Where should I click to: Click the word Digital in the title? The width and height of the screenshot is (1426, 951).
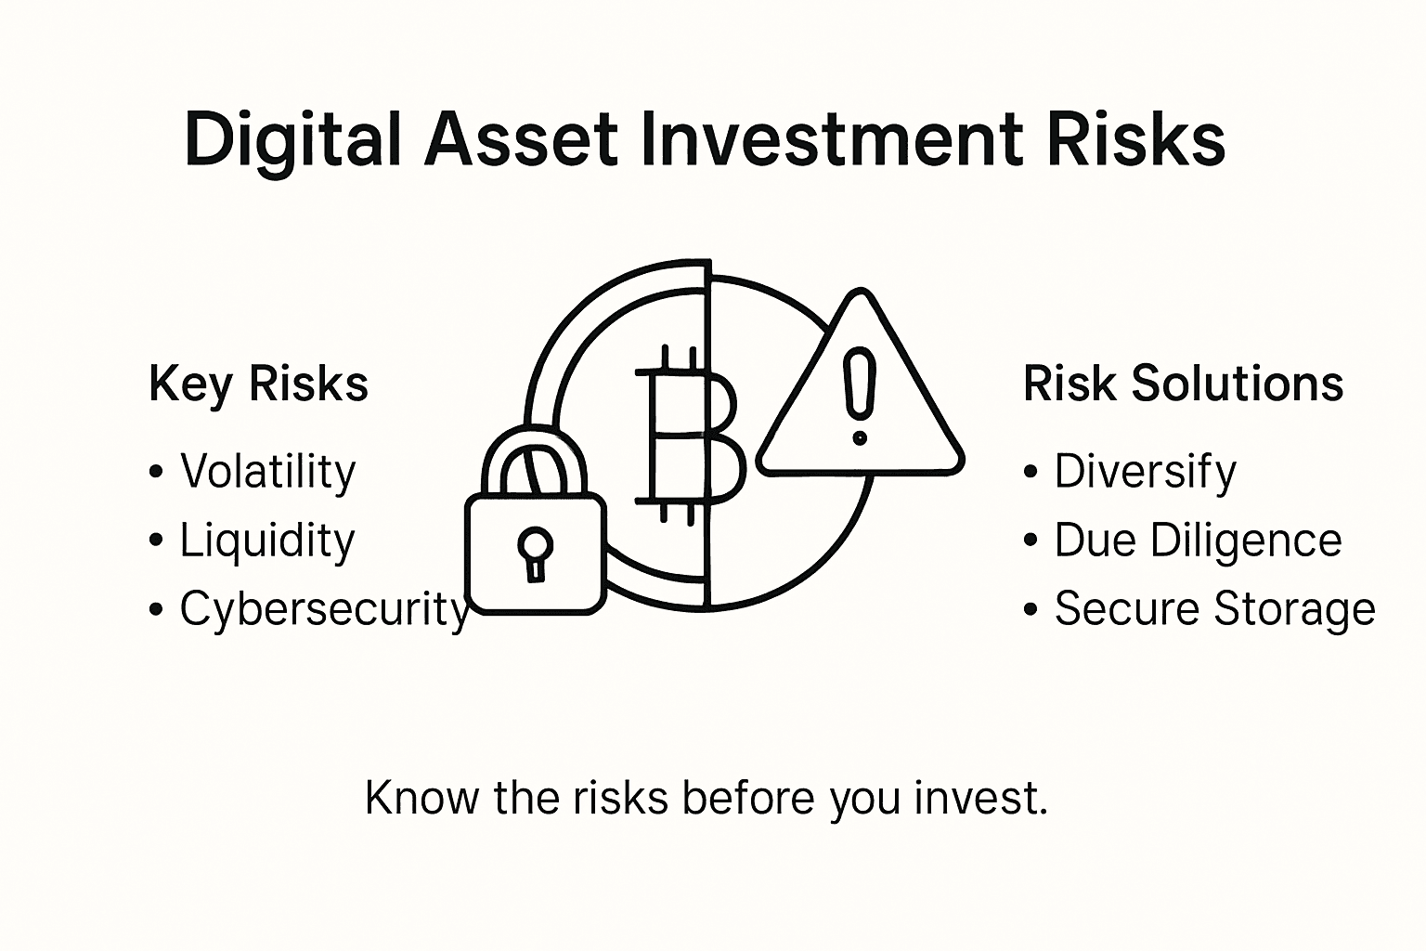coord(292,139)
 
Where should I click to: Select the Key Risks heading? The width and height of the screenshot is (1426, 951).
coord(258,384)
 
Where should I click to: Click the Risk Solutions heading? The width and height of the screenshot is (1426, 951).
coord(1183,384)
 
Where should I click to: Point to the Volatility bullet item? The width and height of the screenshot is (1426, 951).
coord(267,472)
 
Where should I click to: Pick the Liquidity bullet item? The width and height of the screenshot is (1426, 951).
coord(267,541)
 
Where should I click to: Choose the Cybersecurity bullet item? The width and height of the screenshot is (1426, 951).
coord(323,610)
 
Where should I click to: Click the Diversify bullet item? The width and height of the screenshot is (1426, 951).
coord(1145,472)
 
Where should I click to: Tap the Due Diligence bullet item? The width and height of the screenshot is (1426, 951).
coord(1198,541)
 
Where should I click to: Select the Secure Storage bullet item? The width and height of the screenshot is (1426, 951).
coord(1214,610)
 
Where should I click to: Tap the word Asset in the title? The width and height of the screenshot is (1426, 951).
coord(521,139)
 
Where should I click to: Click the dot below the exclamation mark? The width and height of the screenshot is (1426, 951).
coord(860,436)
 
